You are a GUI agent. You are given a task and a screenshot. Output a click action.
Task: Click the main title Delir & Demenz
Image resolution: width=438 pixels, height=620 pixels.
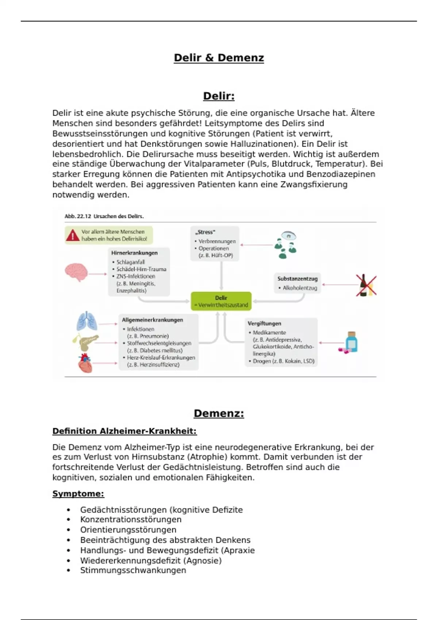pyautogui.click(x=219, y=58)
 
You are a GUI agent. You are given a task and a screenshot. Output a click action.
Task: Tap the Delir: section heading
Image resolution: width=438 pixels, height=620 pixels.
pyautogui.click(x=219, y=96)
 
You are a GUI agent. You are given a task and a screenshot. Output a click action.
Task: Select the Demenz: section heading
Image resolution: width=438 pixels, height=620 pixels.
pyautogui.click(x=219, y=413)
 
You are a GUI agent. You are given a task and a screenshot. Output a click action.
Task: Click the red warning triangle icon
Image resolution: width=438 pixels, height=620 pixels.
pyautogui.click(x=73, y=235)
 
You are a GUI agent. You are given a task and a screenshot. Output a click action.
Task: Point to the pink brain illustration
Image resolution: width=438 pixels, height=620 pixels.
pyautogui.click(x=76, y=272)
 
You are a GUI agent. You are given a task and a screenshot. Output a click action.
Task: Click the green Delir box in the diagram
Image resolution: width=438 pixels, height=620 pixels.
pyautogui.click(x=221, y=301)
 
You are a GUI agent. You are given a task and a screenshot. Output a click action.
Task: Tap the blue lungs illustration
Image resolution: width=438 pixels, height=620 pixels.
pyautogui.click(x=87, y=321)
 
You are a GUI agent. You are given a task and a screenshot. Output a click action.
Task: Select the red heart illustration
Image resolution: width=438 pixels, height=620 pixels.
pyautogui.click(x=85, y=363)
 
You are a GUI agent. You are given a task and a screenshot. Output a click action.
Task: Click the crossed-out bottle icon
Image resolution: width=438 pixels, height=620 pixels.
pyautogui.click(x=366, y=285)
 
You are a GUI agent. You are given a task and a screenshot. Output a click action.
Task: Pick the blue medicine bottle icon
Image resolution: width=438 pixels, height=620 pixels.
pyautogui.click(x=351, y=342)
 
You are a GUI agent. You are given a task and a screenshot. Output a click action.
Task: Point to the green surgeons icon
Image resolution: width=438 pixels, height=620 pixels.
pyautogui.click(x=285, y=245)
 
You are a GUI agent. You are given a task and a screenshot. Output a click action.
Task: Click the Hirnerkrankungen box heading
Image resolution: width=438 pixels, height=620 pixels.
pyautogui.click(x=134, y=253)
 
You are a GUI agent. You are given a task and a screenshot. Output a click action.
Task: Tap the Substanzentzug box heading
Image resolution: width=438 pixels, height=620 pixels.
pyautogui.click(x=297, y=279)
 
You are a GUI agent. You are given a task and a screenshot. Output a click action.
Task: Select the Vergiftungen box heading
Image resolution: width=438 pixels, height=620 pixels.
pyautogui.click(x=264, y=323)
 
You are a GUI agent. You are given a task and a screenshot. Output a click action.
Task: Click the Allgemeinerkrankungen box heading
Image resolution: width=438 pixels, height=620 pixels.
pyautogui.click(x=152, y=320)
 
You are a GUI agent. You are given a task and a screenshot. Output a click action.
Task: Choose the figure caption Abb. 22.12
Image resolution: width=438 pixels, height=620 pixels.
pyautogui.click(x=104, y=216)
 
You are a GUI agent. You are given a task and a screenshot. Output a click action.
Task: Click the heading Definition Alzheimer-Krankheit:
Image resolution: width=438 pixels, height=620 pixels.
pyautogui.click(x=124, y=431)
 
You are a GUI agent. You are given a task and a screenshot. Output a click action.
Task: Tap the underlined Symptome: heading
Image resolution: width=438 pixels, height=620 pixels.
pyautogui.click(x=78, y=494)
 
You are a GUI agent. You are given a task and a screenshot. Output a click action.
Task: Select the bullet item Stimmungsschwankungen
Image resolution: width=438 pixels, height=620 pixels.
pyautogui.click(x=133, y=570)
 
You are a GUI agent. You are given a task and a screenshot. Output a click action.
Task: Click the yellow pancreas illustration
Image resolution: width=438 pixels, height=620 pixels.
pyautogui.click(x=85, y=341)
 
